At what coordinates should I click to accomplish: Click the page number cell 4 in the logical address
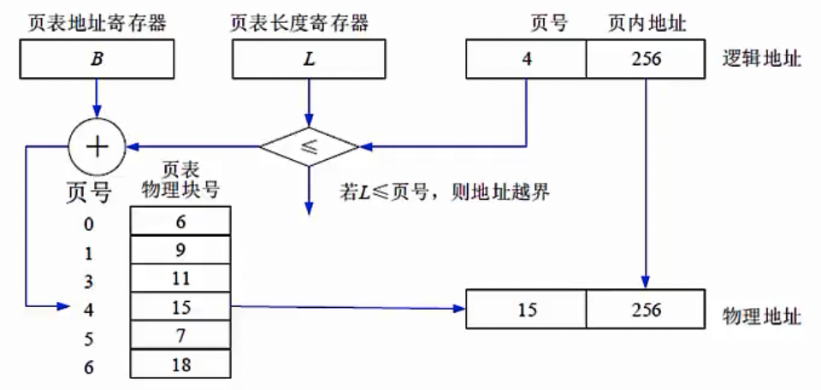pyautogui.click(x=526, y=61)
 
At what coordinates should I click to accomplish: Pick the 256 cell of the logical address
pyautogui.click(x=646, y=61)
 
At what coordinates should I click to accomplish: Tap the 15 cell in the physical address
pyautogui.click(x=526, y=309)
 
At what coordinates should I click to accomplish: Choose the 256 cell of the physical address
pyautogui.click(x=646, y=309)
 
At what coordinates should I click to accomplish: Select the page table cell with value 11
pyautogui.click(x=180, y=278)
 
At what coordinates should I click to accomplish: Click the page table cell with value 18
pyautogui.click(x=180, y=365)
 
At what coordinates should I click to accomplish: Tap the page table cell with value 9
pyautogui.click(x=180, y=250)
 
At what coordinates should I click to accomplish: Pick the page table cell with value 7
pyautogui.click(x=180, y=336)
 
